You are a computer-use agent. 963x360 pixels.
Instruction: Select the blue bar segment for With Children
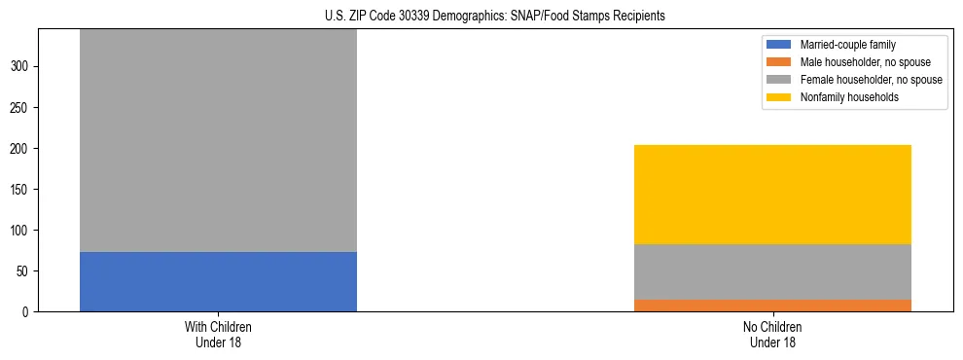pos(218,281)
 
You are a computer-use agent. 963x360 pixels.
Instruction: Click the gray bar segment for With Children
pos(218,140)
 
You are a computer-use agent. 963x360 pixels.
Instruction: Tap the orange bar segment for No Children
pos(772,306)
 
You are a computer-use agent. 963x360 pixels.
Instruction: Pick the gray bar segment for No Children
pos(772,271)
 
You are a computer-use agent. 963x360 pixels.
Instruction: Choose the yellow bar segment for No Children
pos(772,195)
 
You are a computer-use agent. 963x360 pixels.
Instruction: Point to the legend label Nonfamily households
pos(842,97)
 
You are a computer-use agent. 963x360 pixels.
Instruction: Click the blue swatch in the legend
pos(779,45)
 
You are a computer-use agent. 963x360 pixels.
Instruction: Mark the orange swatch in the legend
pos(779,62)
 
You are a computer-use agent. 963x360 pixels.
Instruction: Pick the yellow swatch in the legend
pos(779,97)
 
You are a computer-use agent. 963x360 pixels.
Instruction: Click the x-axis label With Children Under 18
pos(218,334)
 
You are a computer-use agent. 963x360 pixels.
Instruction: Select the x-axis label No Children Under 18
pos(772,334)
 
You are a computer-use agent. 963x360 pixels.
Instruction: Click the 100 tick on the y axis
pos(22,231)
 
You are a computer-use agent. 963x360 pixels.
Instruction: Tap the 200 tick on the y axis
pos(22,149)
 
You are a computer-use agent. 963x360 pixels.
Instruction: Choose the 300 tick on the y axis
pos(22,67)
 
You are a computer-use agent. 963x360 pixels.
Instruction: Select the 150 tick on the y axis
pos(22,190)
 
